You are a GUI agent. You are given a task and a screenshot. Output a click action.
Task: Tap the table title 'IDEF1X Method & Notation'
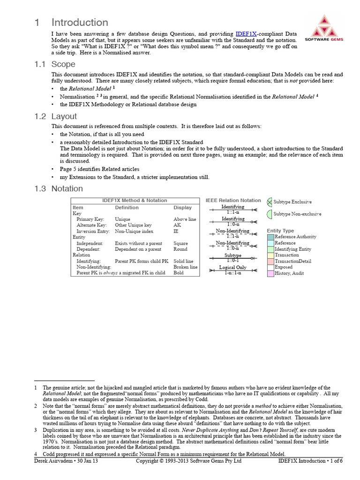coord(135,200)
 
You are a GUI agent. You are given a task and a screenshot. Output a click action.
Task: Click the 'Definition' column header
coord(127,207)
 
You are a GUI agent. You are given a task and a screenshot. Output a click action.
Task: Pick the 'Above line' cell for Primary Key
coord(185,219)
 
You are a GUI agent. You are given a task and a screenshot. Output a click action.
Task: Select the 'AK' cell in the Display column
coord(177,225)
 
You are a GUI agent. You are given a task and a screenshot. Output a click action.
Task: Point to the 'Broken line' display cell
coord(185,267)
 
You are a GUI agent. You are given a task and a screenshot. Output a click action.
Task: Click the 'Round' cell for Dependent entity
coord(180,249)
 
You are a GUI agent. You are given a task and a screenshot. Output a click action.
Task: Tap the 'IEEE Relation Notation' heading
coord(233,200)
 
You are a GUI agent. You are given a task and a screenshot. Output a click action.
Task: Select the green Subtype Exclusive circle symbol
coord(269,202)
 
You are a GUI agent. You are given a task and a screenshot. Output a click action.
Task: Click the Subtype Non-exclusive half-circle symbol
coord(270,214)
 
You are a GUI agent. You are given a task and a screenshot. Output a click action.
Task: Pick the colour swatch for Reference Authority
coord(270,237)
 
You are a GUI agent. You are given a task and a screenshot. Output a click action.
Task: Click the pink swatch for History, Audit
coord(270,273)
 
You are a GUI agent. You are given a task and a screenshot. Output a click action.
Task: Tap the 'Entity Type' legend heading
coord(280,231)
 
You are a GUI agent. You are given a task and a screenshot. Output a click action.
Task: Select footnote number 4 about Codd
coord(36,454)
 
